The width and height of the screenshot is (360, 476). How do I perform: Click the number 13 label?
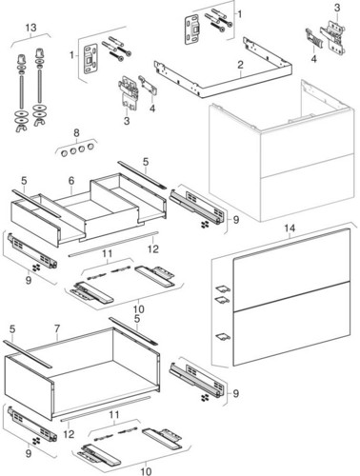tap(31, 28)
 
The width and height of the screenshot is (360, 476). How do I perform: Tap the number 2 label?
tap(240, 65)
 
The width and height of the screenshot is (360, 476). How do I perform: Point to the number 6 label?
tap(71, 181)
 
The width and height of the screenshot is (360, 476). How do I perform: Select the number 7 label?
tap(57, 328)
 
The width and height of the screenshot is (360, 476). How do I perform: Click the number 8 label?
tap(76, 133)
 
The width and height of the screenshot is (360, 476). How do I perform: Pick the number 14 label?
tap(290, 228)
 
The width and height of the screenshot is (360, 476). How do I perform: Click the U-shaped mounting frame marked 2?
tap(223, 69)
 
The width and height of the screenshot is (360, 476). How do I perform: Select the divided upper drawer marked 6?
tap(89, 209)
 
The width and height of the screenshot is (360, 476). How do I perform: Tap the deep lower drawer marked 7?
tap(82, 374)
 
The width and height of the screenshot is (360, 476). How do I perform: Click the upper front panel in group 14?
tap(291, 268)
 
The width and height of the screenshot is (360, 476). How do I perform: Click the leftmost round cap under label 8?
tap(64, 153)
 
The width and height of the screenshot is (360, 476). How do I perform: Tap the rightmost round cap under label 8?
tap(90, 147)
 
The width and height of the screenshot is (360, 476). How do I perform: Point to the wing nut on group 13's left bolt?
tap(22, 128)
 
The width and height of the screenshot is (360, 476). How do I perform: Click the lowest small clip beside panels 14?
tap(223, 337)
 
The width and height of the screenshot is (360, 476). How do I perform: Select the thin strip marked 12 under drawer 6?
tap(113, 244)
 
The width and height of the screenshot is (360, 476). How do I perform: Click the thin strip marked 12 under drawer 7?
tap(106, 408)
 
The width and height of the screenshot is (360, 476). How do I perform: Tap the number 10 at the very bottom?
tap(146, 471)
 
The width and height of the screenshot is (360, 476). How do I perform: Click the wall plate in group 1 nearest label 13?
tap(90, 60)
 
